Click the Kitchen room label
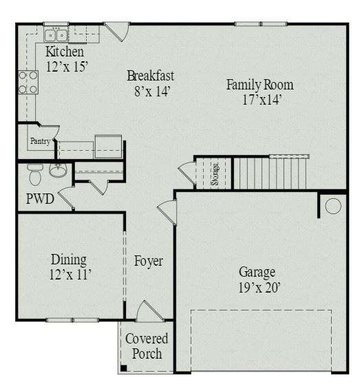coord(65,52)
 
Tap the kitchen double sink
coord(56,34)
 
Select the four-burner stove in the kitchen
coord(28,83)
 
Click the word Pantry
coord(40,141)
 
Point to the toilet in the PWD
coord(35,174)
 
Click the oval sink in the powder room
coord(58,170)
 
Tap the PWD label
coord(40,199)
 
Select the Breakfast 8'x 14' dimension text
coord(152,92)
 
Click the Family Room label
coord(259,85)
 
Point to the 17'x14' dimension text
coord(262,100)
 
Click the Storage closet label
coord(215,174)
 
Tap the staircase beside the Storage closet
coord(270,173)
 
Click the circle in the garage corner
coord(333,206)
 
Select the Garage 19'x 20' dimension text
coord(259,288)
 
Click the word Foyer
coord(149,261)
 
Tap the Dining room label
coord(69,260)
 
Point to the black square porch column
coord(124,368)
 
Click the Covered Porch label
coord(147,346)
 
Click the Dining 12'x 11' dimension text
coord(70,275)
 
